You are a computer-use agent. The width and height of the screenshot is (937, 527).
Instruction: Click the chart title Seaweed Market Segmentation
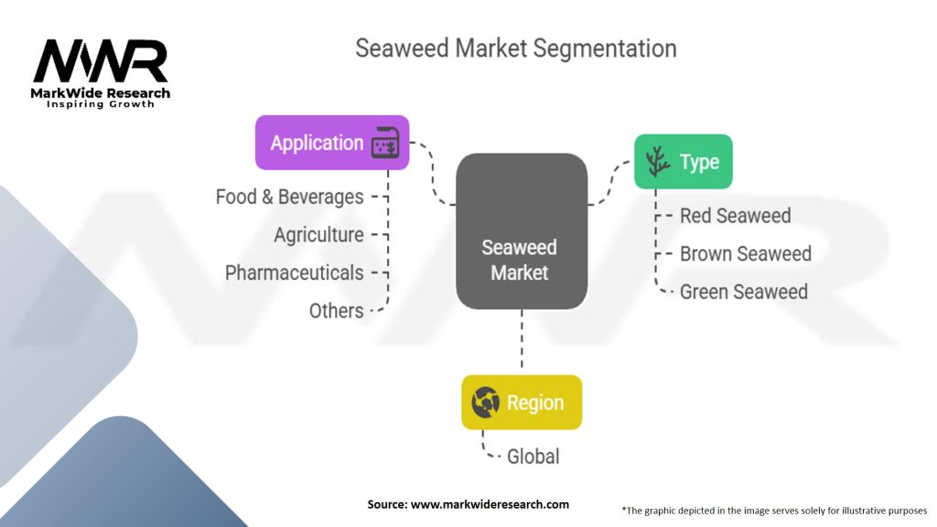(x=515, y=48)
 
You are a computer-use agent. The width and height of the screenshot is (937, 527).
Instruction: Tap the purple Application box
(x=332, y=143)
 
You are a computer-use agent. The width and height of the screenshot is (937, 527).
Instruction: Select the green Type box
(x=683, y=162)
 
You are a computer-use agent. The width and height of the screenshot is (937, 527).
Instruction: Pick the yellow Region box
(x=521, y=403)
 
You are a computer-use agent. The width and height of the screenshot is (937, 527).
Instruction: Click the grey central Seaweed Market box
(x=521, y=231)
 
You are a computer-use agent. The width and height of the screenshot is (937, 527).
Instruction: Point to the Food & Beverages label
(x=289, y=197)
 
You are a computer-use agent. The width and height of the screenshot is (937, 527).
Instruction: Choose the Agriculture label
(x=318, y=235)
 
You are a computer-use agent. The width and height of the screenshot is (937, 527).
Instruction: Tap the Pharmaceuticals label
(x=294, y=273)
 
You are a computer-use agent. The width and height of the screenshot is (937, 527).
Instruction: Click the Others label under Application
(x=336, y=311)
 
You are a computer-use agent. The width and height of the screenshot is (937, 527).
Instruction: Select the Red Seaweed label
(x=735, y=216)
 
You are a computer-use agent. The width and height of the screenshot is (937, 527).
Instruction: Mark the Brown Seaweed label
(x=745, y=253)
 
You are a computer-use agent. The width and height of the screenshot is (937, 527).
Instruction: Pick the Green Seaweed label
(x=743, y=292)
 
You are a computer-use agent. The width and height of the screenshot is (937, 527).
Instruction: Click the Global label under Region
(x=533, y=456)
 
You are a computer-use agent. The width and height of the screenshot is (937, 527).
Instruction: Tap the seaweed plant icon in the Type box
(x=657, y=162)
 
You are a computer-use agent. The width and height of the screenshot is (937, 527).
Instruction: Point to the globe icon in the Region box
(x=484, y=403)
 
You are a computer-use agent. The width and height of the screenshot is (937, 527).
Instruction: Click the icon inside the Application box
(x=385, y=144)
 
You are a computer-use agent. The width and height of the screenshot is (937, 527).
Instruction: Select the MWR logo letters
(x=101, y=61)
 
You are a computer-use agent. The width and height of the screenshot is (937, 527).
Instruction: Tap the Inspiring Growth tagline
(x=101, y=104)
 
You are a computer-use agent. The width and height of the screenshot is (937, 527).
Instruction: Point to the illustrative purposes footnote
(x=774, y=510)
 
